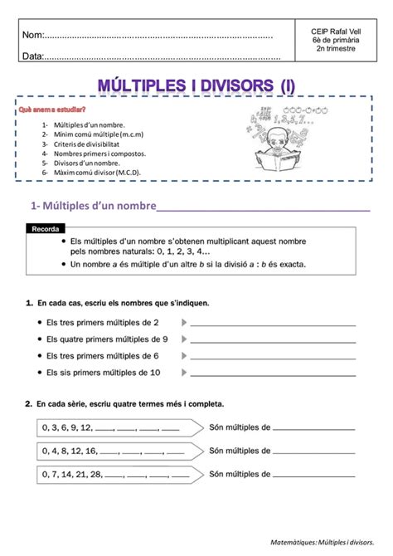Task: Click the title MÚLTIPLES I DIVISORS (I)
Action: tap(196, 85)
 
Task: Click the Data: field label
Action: tap(32, 56)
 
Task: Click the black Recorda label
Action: tap(45, 227)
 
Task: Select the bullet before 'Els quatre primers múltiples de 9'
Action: tap(39, 339)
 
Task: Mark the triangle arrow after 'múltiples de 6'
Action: tap(184, 356)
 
